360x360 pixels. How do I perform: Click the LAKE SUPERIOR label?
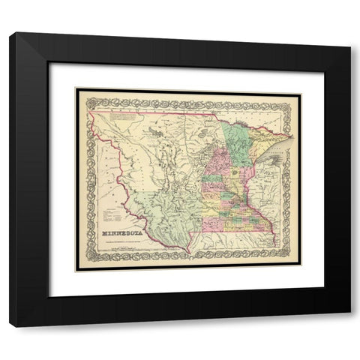pyautogui.click(x=274, y=154)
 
